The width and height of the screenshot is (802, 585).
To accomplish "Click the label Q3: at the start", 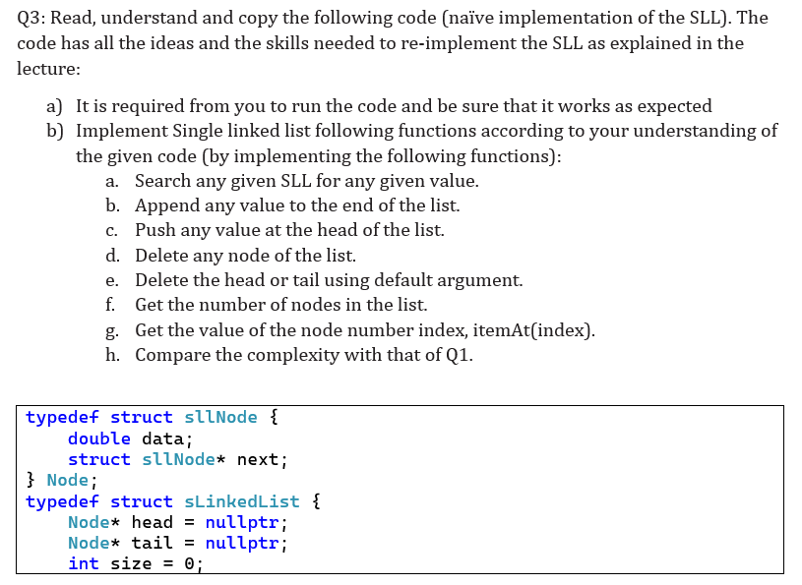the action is pyautogui.click(x=31, y=19).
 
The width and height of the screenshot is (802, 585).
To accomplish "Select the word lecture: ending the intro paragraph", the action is pyautogui.click(x=48, y=69).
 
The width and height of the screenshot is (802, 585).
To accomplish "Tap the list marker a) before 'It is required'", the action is pyautogui.click(x=54, y=106).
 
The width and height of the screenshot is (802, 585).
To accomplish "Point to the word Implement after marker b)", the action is pyautogui.click(x=121, y=132).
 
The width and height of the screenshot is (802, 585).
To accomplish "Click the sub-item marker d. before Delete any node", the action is pyautogui.click(x=112, y=256).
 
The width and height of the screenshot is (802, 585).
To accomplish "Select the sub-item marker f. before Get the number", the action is pyautogui.click(x=110, y=305).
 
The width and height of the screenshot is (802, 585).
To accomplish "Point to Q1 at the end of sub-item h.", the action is pyautogui.click(x=459, y=356).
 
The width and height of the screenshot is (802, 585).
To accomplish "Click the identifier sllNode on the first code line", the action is pyautogui.click(x=220, y=418).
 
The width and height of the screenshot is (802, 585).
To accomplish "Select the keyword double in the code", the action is pyautogui.click(x=99, y=439).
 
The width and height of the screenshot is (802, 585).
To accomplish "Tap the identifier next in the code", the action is pyautogui.click(x=257, y=460).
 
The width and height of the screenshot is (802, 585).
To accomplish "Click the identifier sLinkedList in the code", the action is pyautogui.click(x=241, y=501).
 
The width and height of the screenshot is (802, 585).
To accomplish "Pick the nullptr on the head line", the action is pyautogui.click(x=242, y=523).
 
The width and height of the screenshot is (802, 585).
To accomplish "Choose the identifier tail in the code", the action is pyautogui.click(x=152, y=543).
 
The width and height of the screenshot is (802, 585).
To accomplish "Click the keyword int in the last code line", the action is pyautogui.click(x=84, y=563).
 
